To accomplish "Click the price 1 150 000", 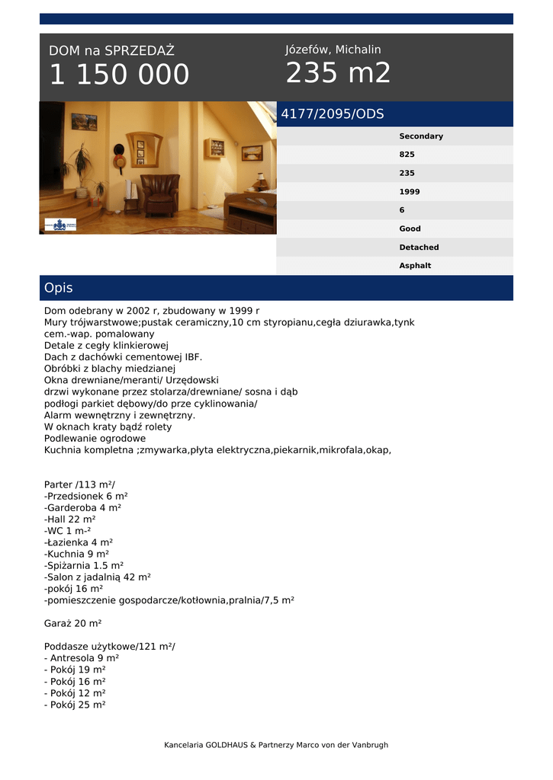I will click(x=119, y=75).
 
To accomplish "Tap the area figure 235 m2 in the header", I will click(x=338, y=73).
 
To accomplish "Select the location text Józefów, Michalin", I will click(x=333, y=50).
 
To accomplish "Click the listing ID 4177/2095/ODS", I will click(x=333, y=114).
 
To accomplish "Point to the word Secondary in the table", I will click(x=420, y=136).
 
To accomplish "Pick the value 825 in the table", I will click(x=407, y=155).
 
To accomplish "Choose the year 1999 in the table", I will click(x=409, y=192).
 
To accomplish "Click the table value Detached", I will click(x=419, y=248).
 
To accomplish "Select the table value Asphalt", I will click(x=415, y=266).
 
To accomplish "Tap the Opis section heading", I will click(x=59, y=288).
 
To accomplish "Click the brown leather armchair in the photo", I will click(x=159, y=195).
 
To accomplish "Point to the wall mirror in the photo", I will click(x=144, y=149).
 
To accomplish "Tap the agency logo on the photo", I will click(x=60, y=225).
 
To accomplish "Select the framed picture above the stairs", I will click(x=84, y=122).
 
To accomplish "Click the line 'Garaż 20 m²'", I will click(x=72, y=623).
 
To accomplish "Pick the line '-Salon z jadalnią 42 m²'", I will click(x=97, y=577).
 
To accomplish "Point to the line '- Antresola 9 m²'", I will click(x=81, y=658).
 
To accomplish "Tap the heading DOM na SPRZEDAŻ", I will click(x=111, y=51).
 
